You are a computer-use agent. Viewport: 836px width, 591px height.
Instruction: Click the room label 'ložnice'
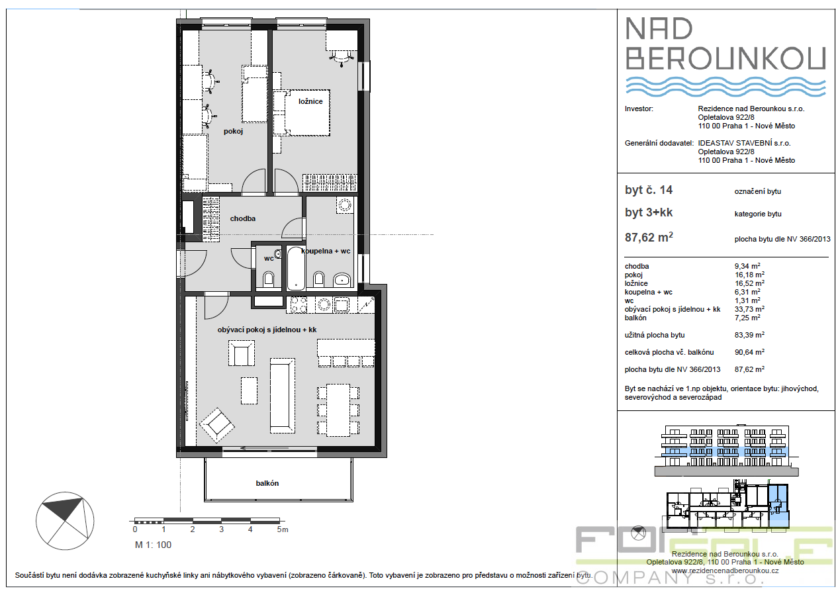point(310,101)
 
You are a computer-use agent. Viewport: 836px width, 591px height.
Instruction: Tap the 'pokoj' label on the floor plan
point(233,131)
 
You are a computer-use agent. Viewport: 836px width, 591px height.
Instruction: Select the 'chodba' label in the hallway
point(242,218)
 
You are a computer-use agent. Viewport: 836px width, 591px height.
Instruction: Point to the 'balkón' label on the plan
point(267,483)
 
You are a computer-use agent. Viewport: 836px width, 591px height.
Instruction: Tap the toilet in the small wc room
point(268,279)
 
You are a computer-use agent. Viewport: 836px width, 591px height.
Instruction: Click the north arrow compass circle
point(65,521)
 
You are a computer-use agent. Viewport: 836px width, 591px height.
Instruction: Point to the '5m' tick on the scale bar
point(283,529)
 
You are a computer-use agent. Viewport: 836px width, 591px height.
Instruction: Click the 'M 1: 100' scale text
point(153,545)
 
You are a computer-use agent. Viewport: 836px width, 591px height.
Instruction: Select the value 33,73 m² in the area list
point(749,309)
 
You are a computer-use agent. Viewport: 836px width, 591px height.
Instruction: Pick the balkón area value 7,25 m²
point(747,318)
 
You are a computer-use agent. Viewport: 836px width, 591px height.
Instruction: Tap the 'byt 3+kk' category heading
point(649,212)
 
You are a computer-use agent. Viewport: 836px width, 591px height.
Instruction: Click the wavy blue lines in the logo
point(725,87)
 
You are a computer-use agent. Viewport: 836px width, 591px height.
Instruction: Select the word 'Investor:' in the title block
point(639,109)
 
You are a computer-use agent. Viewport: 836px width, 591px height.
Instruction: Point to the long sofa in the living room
point(282,396)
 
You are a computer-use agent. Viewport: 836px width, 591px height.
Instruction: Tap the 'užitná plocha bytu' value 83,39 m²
point(749,335)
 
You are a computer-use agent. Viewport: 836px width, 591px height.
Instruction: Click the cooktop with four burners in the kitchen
point(299,304)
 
